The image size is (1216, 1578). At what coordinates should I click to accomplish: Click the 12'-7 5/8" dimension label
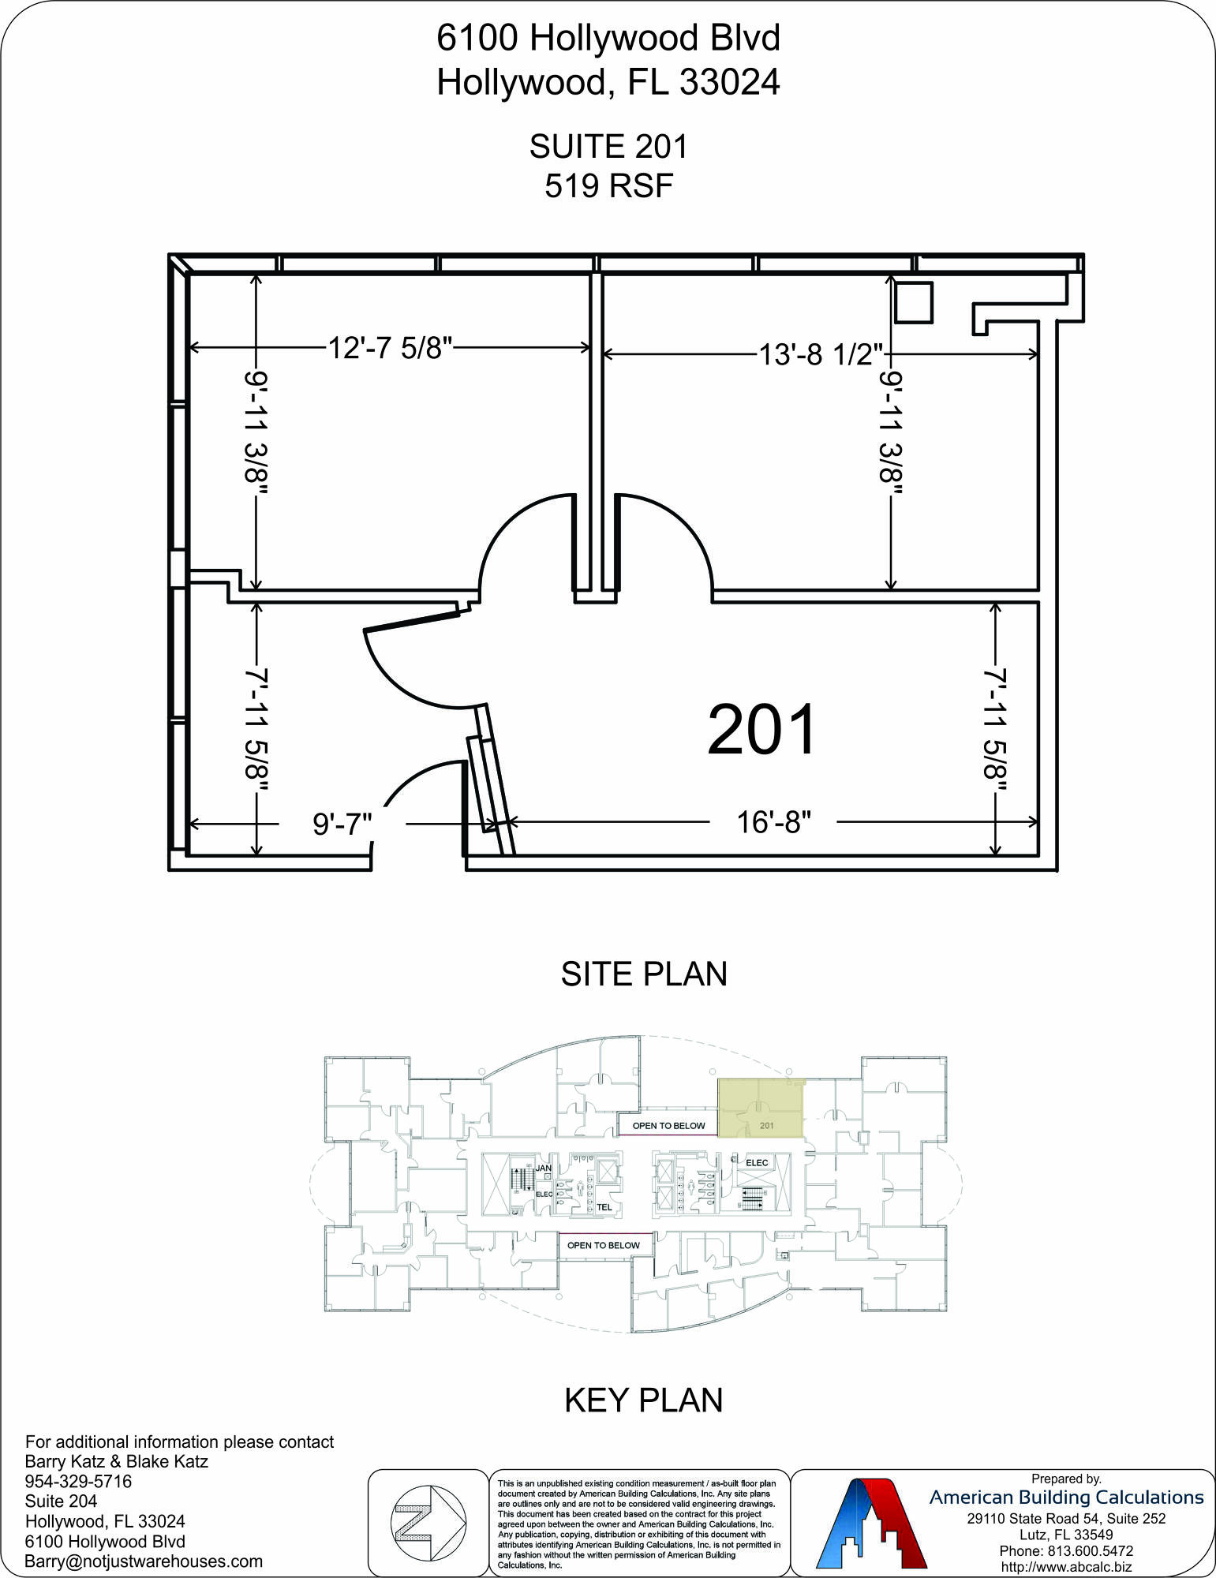click(390, 348)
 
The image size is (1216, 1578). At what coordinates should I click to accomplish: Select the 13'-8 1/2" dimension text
click(821, 354)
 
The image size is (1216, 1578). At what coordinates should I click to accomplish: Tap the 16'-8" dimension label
click(773, 822)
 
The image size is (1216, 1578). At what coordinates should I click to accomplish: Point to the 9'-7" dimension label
click(342, 824)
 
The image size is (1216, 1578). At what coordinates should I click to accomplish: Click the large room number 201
click(761, 730)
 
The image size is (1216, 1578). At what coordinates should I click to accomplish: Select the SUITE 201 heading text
click(608, 147)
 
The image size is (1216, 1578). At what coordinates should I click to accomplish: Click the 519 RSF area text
click(608, 186)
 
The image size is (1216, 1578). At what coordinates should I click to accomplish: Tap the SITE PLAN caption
click(644, 974)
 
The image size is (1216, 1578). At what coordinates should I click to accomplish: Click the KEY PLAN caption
click(644, 1400)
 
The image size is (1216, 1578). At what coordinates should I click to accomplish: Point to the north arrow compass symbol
click(429, 1523)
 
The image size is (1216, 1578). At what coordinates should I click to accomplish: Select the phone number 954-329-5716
click(78, 1482)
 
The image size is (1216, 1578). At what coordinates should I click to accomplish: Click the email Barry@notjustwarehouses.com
click(144, 1561)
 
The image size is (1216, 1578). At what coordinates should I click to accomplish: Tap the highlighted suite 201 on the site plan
click(761, 1109)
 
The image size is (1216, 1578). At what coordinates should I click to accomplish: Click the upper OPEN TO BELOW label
click(668, 1126)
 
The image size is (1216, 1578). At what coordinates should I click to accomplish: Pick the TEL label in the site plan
click(604, 1207)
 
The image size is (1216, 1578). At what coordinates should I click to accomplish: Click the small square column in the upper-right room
click(914, 302)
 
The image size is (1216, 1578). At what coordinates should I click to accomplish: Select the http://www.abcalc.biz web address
click(1066, 1567)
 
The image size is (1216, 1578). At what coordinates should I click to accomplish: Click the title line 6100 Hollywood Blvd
click(608, 38)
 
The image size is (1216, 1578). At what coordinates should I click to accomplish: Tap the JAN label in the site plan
click(544, 1168)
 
